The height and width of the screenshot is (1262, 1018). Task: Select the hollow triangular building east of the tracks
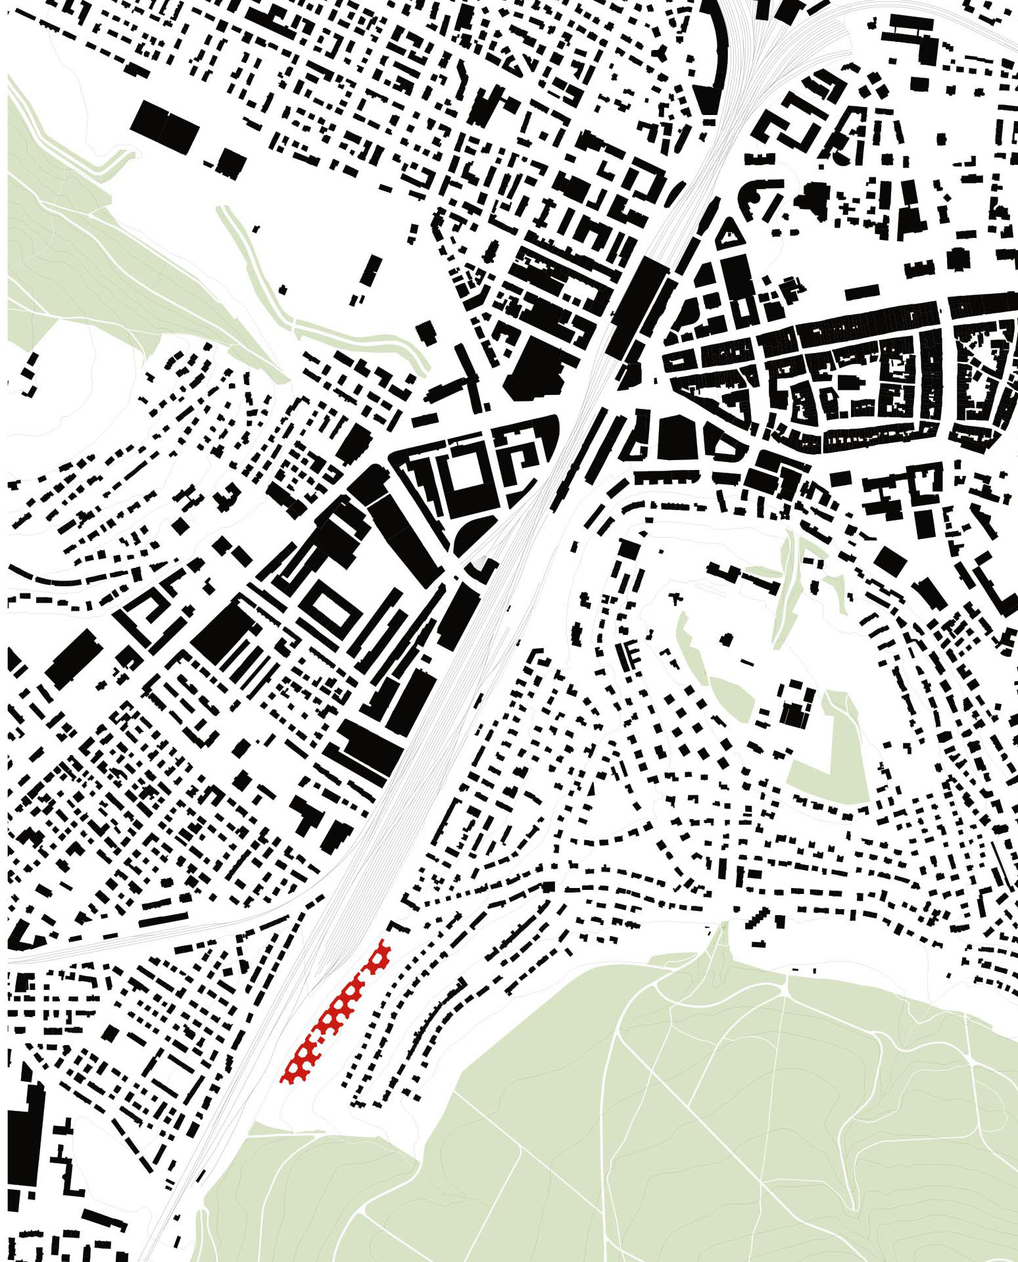(x=727, y=233)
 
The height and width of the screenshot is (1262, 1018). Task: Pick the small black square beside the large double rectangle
(x=230, y=162)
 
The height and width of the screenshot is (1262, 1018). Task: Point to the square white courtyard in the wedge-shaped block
(x=469, y=472)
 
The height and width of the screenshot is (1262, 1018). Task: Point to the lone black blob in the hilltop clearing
(x=726, y=638)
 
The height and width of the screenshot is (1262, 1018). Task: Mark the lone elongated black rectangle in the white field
(x=372, y=270)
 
